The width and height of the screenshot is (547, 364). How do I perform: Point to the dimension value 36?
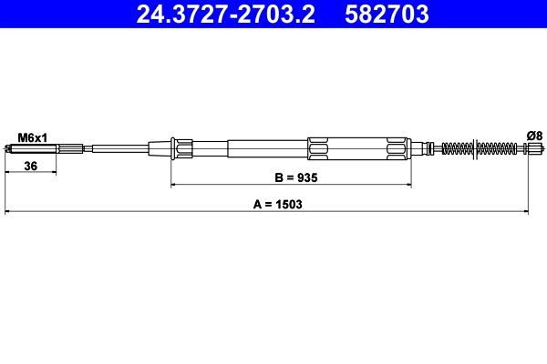[30, 167]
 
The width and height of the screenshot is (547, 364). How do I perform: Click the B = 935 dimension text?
[290, 177]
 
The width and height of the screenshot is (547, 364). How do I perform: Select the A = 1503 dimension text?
[277, 205]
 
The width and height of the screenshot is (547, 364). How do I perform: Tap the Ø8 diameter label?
[534, 136]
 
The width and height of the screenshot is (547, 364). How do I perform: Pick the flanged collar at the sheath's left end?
[182, 147]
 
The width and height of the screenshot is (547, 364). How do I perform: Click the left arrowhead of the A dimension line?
[9, 213]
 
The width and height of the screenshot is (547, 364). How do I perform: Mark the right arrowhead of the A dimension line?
[525, 213]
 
